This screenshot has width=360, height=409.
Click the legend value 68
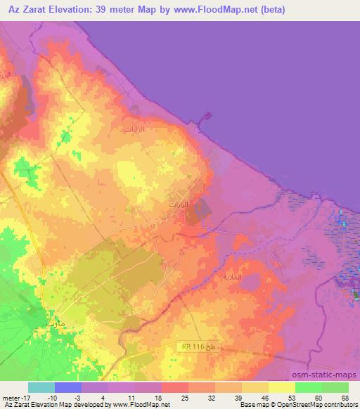[x=344, y=397]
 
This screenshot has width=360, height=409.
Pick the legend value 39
[x=238, y=397]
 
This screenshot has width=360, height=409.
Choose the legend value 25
[x=186, y=397]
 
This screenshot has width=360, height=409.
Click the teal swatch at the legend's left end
[x=41, y=387]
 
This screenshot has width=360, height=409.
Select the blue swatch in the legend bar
[x=68, y=387]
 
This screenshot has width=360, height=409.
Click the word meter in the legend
[x=11, y=397]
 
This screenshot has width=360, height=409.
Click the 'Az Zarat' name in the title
[x=27, y=10]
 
